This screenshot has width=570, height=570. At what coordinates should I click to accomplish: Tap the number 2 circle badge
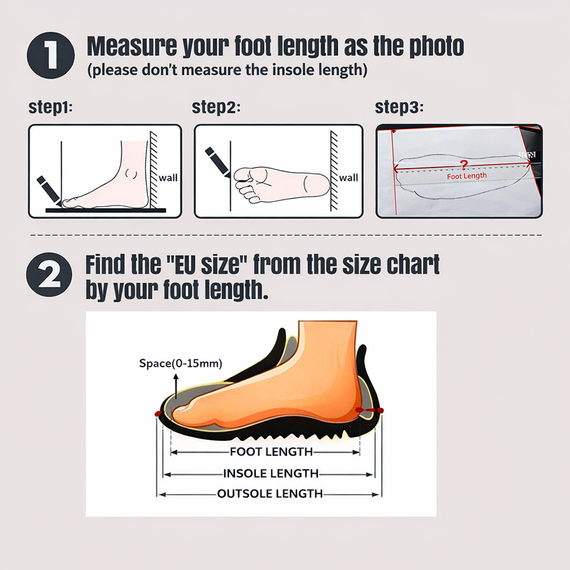tap(50, 276)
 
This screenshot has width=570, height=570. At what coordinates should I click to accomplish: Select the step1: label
tap(51, 107)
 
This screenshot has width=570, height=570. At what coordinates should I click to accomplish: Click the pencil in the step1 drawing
tap(48, 190)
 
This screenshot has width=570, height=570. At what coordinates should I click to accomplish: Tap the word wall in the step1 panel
tap(168, 178)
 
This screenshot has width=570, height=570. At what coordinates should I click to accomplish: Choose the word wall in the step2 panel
tap(348, 178)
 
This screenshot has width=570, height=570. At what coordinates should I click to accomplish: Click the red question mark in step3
tap(464, 164)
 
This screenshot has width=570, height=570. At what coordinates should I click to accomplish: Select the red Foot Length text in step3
tap(467, 176)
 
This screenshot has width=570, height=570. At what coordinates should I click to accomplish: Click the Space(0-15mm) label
tap(180, 363)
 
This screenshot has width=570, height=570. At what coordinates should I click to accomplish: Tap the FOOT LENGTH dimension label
tap(271, 452)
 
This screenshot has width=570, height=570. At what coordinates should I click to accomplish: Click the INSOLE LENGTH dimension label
tap(271, 474)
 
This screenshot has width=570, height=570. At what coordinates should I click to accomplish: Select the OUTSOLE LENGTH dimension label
tap(270, 494)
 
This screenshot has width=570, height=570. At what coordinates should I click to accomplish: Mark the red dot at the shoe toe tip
tap(158, 414)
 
